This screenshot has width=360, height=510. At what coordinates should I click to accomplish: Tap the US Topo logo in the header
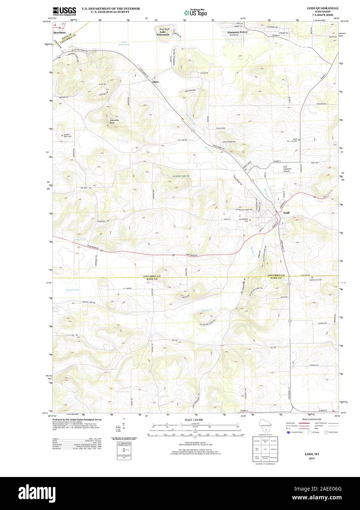coord(195,12)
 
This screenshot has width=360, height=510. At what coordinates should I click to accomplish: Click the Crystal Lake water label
coord(72,290)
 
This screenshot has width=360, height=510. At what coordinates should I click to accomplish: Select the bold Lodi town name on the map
coord(287,213)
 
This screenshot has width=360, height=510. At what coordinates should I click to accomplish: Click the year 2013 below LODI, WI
coord(311,458)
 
